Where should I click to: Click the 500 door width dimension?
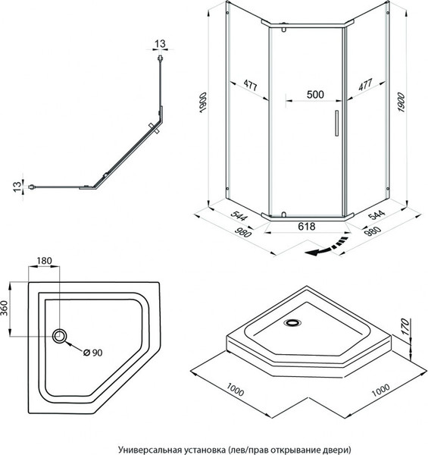tap(315, 95)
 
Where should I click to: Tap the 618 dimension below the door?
tap(307, 226)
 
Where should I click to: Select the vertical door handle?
tap(337, 123)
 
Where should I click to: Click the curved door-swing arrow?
tap(326, 247)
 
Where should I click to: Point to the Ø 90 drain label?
tap(92, 353)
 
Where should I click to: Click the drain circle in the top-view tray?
tap(59, 336)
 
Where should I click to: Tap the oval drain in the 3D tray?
tap(292, 322)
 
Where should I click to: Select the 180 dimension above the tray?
tap(44, 261)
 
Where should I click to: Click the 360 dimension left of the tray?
tap(5, 308)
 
